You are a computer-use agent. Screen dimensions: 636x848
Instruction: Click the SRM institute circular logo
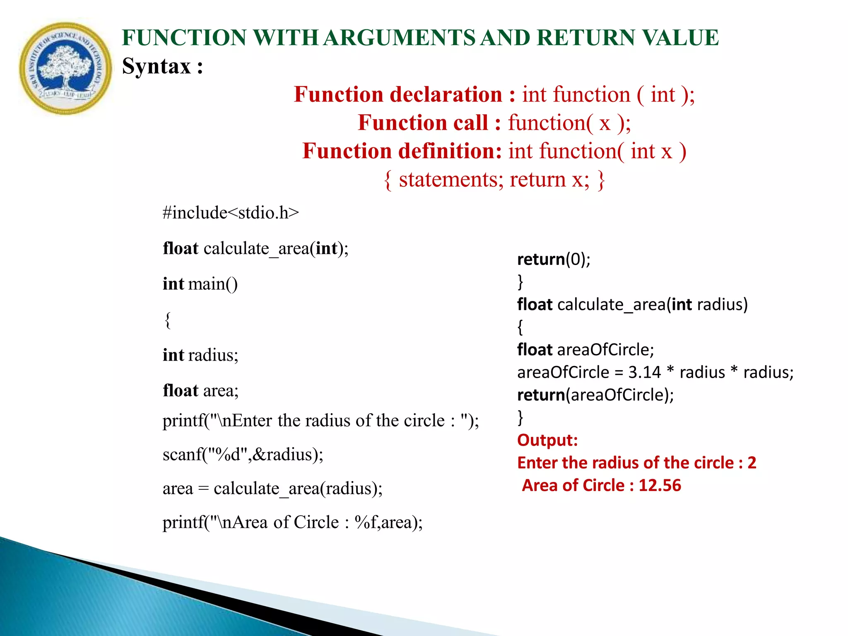(65, 68)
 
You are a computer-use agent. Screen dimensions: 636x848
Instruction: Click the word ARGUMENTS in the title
(400, 38)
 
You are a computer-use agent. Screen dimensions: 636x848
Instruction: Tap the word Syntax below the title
(157, 66)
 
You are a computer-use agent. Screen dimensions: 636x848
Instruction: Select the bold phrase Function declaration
(398, 94)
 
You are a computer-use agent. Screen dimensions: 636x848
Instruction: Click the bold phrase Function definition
(402, 151)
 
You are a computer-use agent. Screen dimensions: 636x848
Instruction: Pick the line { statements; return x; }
(494, 180)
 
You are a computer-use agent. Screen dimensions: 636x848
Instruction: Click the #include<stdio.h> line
(231, 213)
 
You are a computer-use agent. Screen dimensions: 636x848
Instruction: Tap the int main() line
(200, 284)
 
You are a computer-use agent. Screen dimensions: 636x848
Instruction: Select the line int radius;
(200, 355)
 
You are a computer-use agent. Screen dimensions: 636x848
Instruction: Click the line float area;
(200, 391)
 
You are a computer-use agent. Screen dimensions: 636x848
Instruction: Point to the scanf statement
(243, 455)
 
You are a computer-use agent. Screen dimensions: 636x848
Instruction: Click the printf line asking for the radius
(320, 421)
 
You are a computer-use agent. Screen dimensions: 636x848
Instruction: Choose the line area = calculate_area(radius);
(272, 489)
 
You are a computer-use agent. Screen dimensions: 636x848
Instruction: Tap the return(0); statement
(554, 259)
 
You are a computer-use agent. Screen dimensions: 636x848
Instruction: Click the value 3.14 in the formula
(644, 372)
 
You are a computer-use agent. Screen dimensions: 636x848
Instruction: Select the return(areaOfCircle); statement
(595, 395)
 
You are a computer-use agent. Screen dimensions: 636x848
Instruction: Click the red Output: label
(547, 440)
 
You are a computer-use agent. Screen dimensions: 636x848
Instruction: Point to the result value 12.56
(660, 485)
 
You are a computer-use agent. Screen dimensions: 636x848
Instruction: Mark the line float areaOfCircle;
(585, 350)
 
